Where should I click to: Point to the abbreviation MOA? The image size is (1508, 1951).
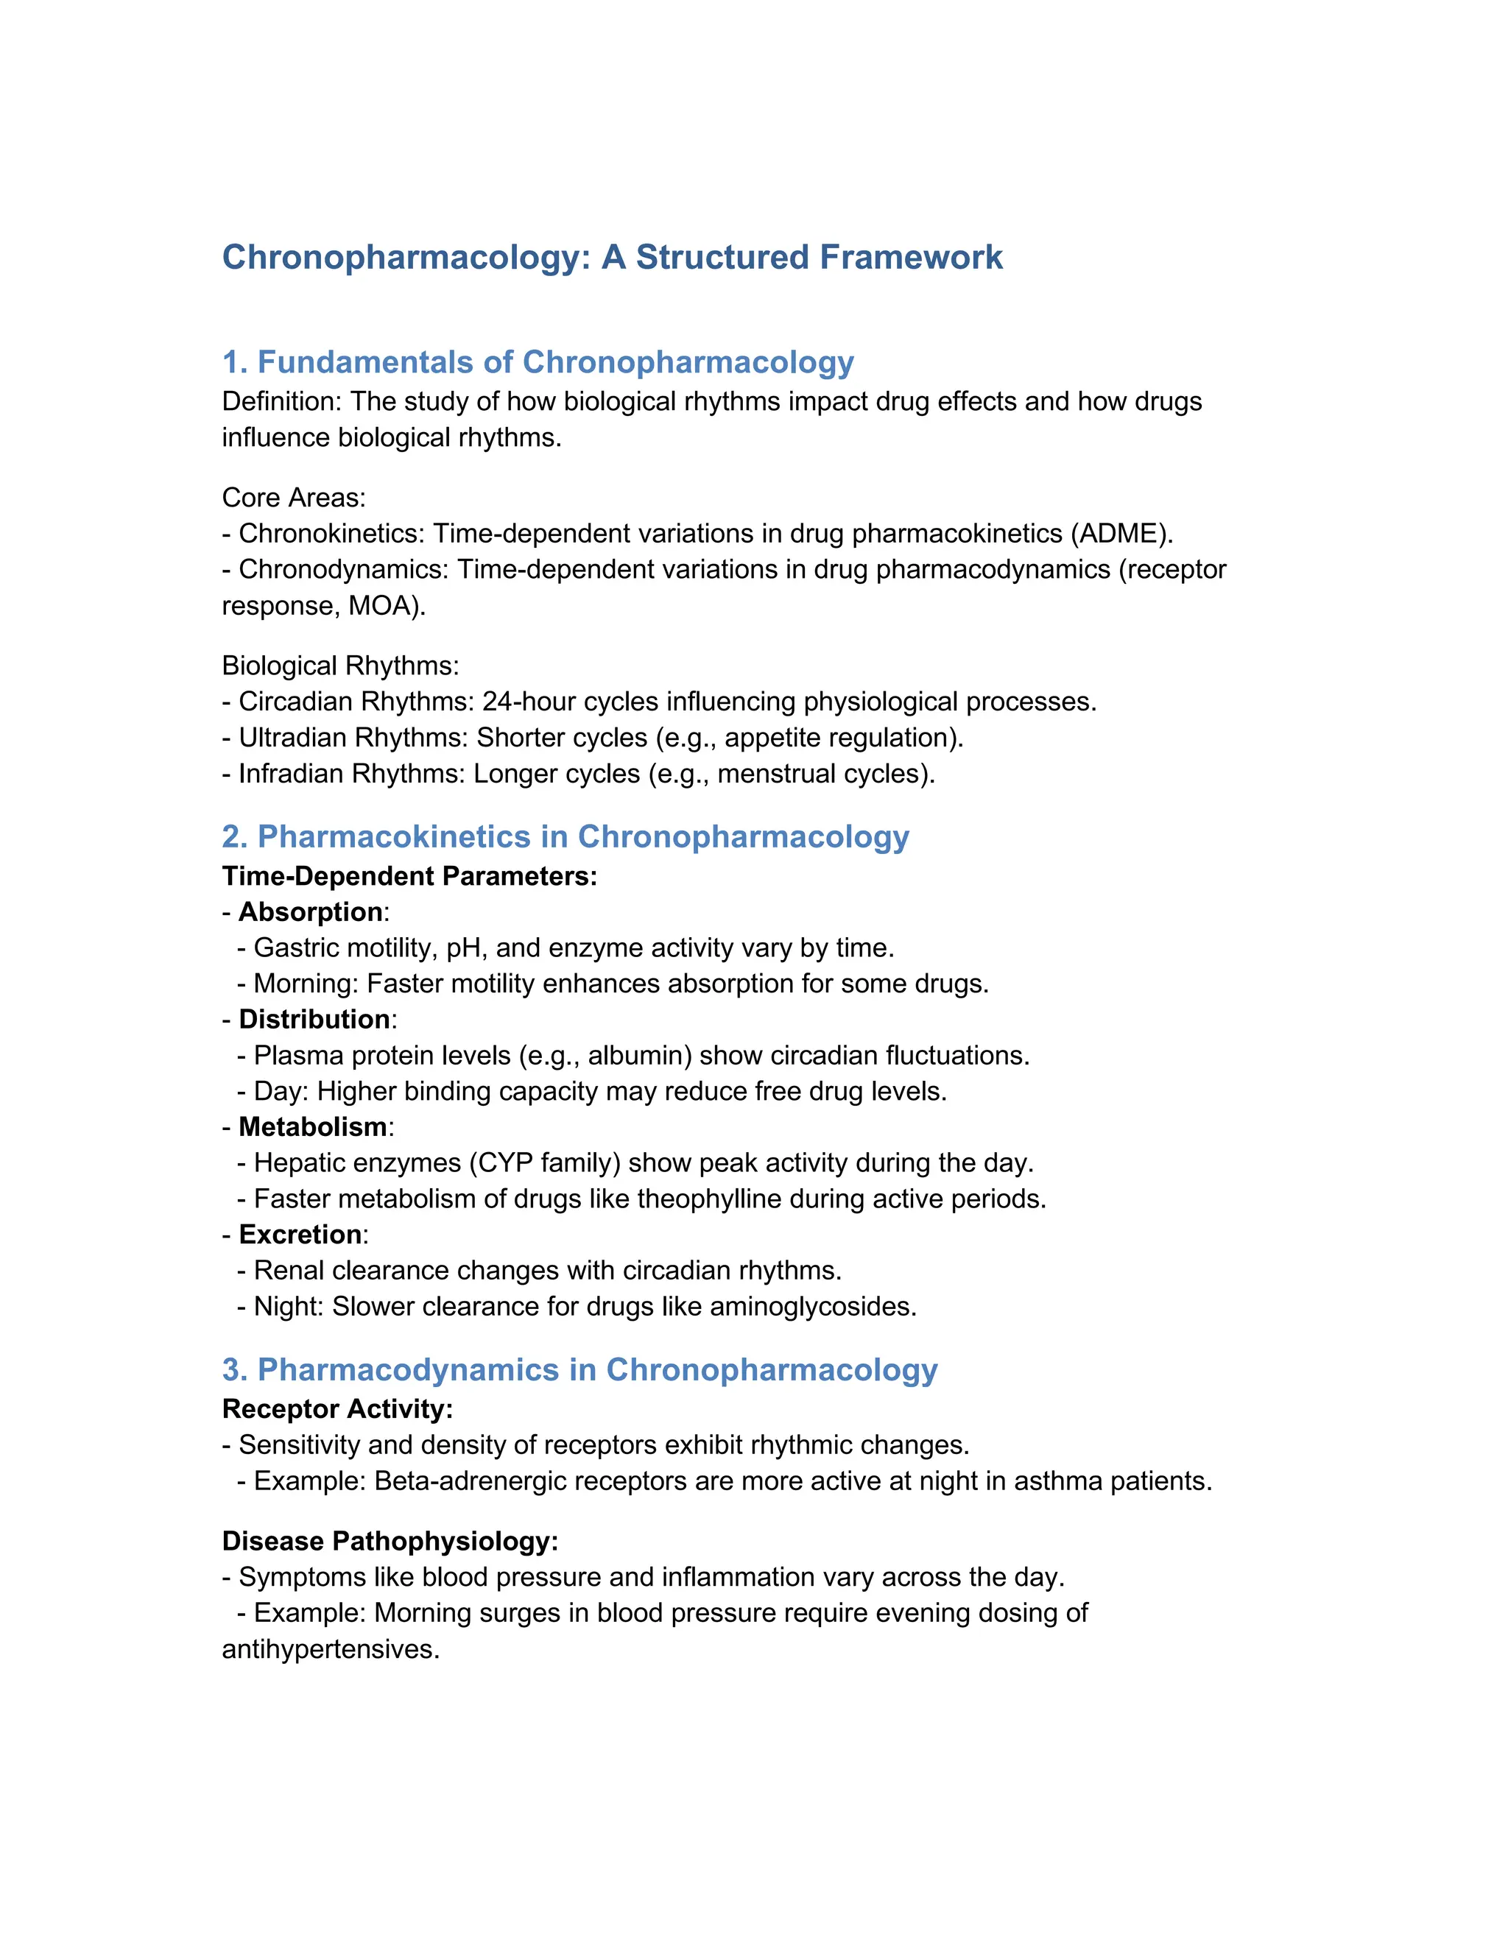383,606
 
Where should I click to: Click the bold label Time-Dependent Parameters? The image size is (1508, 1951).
409,876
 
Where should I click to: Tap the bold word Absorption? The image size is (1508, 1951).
311,912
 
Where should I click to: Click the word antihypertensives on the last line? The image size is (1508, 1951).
330,1649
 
